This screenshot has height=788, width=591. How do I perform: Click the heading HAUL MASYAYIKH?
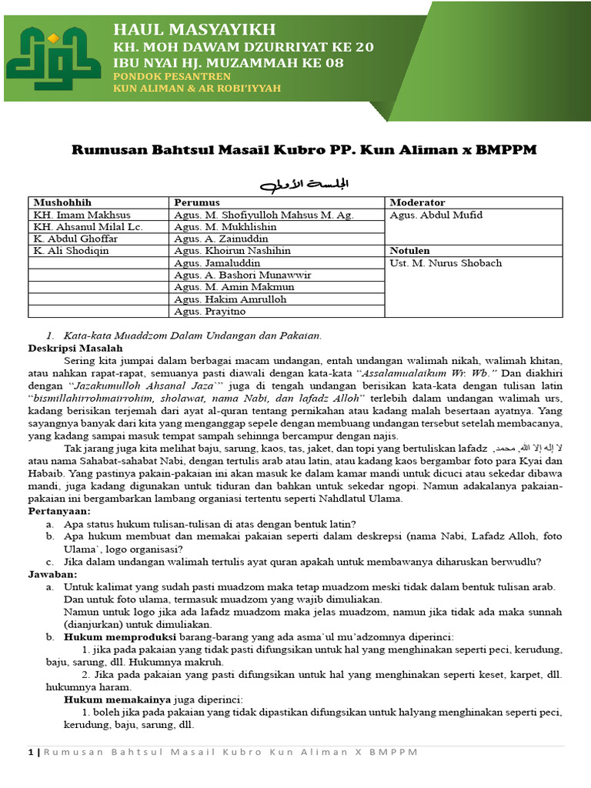(194, 29)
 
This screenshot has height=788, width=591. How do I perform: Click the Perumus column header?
(197, 202)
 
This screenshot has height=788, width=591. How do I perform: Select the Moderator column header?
(419, 202)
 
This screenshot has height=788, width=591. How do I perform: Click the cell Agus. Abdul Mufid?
(436, 215)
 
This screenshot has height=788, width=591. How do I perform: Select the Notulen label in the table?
(410, 251)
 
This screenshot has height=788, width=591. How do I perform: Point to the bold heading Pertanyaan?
(59, 510)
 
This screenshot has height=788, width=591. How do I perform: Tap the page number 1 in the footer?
(30, 752)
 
